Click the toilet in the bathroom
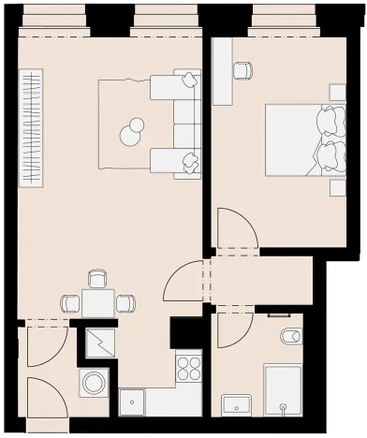290,335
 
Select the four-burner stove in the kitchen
189,365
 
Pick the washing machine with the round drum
94,383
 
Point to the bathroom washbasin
238,405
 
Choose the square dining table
97,303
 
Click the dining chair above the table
97,279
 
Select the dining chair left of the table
71,303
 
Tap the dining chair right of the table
125,303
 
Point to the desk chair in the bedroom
242,70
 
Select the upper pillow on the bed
329,120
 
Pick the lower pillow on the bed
329,154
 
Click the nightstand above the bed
337,91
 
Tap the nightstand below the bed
337,187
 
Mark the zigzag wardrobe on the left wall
31,125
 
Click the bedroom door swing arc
234,229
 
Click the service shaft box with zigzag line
100,343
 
